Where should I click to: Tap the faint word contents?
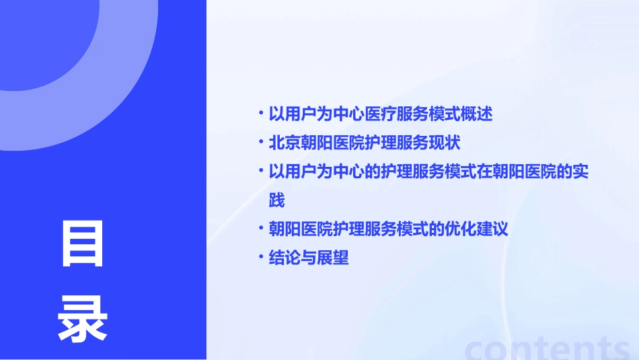pos(547,347)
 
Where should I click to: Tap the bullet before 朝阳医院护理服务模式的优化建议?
pos(261,228)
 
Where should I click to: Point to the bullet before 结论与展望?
pos(261,257)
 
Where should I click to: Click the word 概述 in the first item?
pos(477,114)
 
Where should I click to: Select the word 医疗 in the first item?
pos(381,114)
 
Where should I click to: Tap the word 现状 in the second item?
pos(445,143)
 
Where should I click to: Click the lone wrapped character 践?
pos(276,201)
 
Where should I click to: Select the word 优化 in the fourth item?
pos(461,229)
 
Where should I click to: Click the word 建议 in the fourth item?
pos(492,229)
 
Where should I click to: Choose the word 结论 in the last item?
pos(285,258)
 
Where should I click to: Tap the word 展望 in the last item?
pos(333,258)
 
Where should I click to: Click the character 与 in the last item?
pos(309,258)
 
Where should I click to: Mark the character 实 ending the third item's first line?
pos(580,172)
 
